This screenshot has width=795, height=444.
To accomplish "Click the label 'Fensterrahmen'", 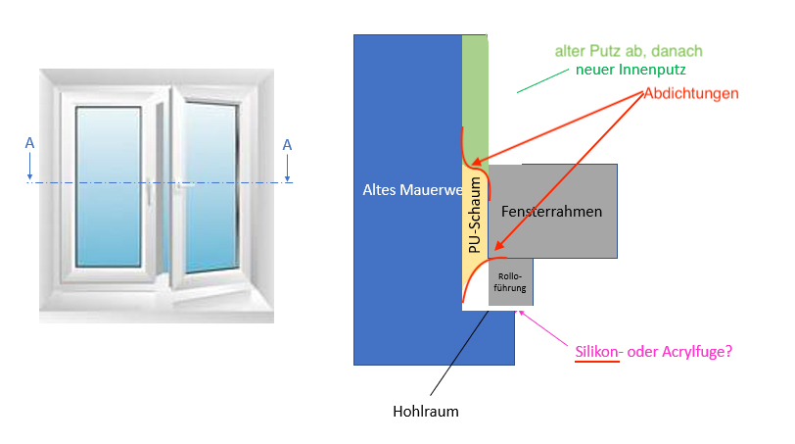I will point(551,211).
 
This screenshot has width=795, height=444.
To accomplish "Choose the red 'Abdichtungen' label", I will point(690,93).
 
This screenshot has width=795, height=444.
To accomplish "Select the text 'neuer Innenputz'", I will point(631,72).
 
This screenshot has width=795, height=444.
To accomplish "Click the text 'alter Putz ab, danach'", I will point(629,50).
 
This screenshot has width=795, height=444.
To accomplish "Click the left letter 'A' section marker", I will point(29,143).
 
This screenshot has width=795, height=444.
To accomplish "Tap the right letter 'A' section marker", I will point(287,145).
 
